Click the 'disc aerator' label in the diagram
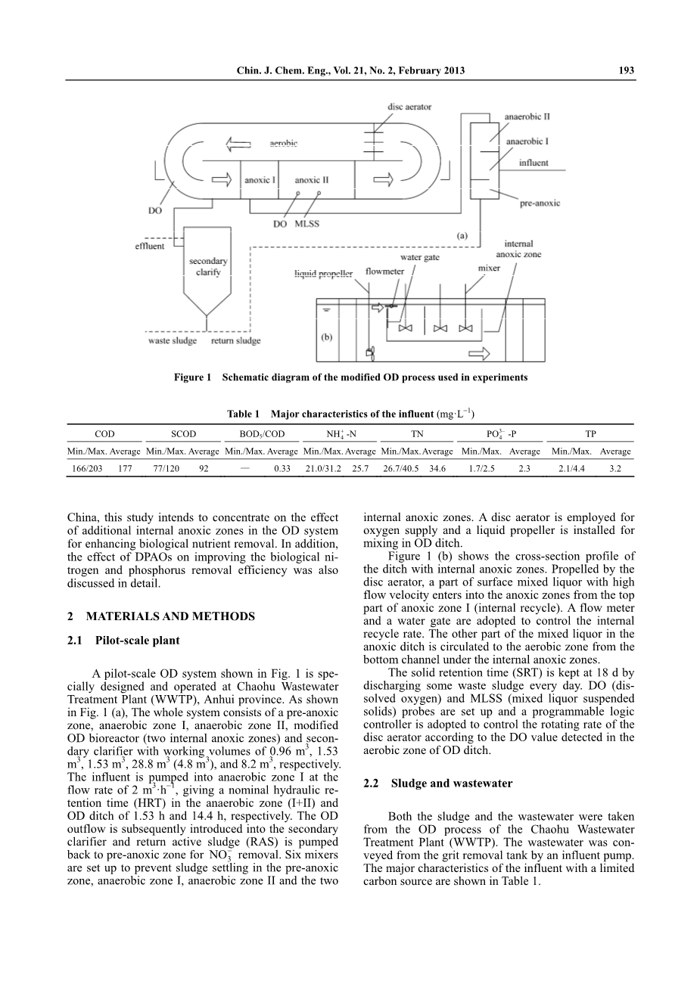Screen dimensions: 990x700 point(409,107)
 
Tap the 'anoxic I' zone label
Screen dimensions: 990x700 point(260,181)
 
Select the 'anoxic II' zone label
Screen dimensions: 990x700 point(312,181)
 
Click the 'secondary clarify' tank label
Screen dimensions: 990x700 point(208,267)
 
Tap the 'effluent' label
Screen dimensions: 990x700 point(150,247)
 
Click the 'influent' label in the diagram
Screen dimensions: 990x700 point(534,163)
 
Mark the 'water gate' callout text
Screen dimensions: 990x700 point(420,257)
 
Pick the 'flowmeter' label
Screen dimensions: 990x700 point(384,272)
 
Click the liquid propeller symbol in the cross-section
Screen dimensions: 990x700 point(370,352)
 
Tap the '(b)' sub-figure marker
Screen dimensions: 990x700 point(326,338)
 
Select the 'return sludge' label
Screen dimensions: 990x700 point(235,341)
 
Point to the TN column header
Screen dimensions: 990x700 point(417,434)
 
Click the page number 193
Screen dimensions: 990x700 point(626,71)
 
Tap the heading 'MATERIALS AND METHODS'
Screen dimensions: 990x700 point(171,616)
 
